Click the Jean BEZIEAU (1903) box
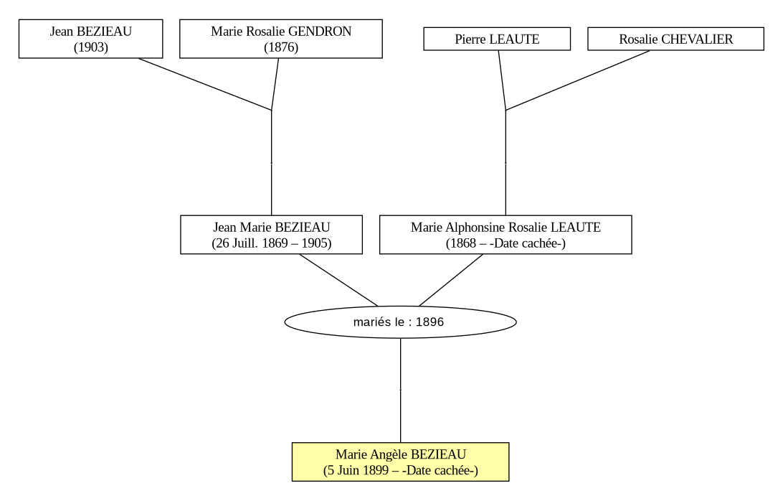(x=90, y=39)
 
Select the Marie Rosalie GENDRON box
(x=280, y=39)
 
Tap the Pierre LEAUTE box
(x=497, y=39)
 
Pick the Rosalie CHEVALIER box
(x=675, y=39)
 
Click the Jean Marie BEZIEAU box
(x=271, y=235)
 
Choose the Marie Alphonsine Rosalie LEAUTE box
(x=506, y=235)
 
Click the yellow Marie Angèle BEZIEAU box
(x=401, y=462)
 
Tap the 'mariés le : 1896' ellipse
(x=401, y=322)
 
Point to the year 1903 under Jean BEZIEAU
(x=91, y=47)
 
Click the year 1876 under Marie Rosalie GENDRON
(x=281, y=47)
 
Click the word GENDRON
(x=320, y=32)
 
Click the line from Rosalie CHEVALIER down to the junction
(x=578, y=80)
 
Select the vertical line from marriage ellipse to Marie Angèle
(x=401, y=390)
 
